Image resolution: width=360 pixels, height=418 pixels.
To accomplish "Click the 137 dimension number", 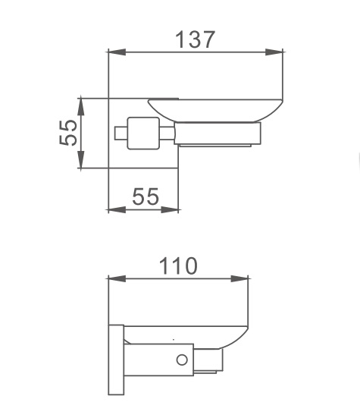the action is click(x=195, y=39).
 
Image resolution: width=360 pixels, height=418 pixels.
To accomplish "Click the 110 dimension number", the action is click(x=178, y=266).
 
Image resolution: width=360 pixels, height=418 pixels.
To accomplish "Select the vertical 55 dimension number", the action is click(x=68, y=133).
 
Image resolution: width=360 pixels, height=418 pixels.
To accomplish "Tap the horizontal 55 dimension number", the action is click(x=146, y=196).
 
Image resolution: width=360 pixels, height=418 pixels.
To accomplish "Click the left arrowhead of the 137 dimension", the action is click(x=117, y=52).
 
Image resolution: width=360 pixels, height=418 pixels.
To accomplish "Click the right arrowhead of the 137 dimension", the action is click(x=274, y=52).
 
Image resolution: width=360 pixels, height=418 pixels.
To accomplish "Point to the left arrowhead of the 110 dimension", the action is click(x=117, y=279).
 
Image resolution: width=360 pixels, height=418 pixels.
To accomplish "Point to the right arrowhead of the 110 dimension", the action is click(x=239, y=279).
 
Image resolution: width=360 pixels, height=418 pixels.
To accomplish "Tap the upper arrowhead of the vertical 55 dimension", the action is click(x=81, y=107).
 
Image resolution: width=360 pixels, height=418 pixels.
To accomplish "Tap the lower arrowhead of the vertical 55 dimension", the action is click(x=81, y=159).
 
